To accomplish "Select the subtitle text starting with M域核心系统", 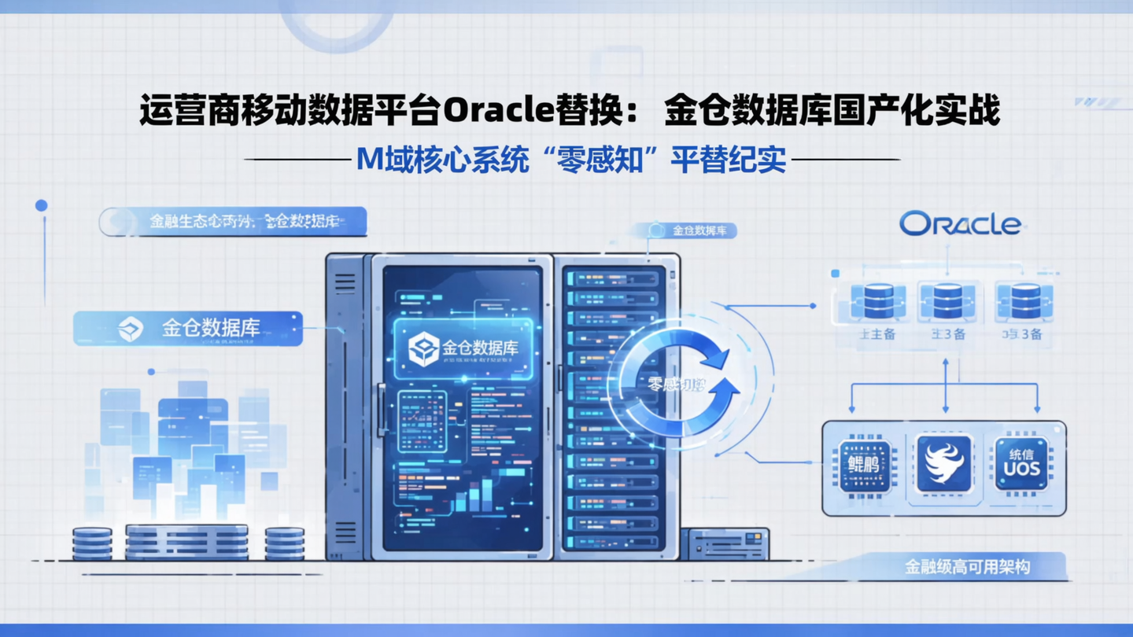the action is coord(571,160).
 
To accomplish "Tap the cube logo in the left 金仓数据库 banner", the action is coord(131,329).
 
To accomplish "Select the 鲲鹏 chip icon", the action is coord(864,465).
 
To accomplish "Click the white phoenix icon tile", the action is coord(944,464).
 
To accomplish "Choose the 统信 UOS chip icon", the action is coord(1021,464).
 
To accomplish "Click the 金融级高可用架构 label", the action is coord(967,566).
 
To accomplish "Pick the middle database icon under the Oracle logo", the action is coord(947,301).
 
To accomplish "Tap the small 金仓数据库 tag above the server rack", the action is coord(692,230).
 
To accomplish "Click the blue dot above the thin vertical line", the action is coord(41,205).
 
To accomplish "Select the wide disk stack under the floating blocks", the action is coord(186,542).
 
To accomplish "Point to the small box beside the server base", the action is coord(724,543).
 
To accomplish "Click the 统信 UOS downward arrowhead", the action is coord(1038,409).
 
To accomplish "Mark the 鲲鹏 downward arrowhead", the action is coord(851,409).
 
